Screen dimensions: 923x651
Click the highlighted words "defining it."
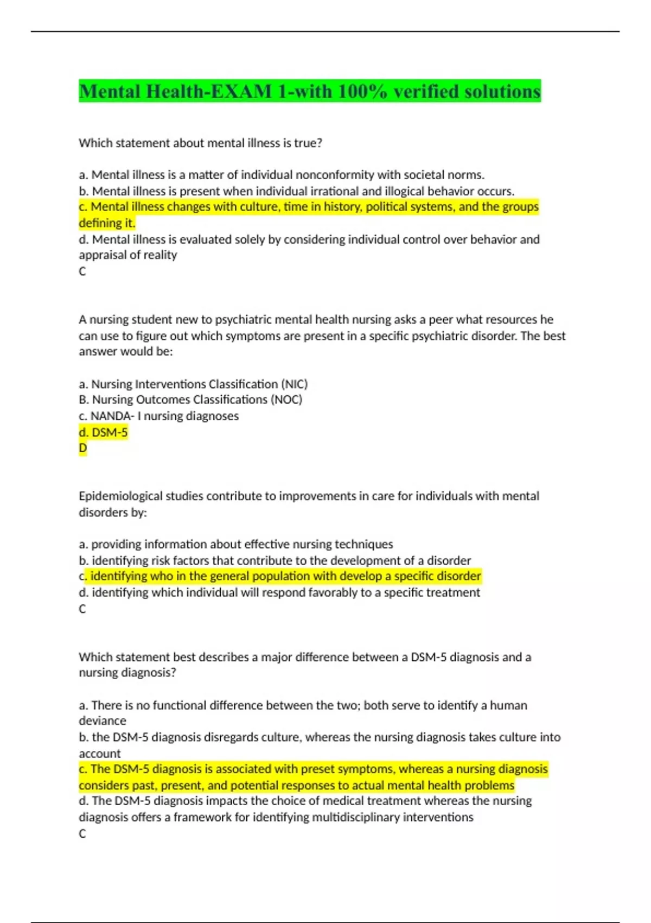107,223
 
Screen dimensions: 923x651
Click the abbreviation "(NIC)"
294,384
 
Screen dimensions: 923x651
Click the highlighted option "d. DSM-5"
103,432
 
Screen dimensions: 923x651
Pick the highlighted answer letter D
82,448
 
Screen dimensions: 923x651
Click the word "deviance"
103,720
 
